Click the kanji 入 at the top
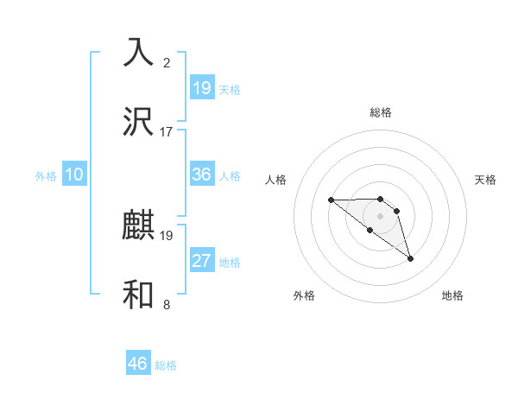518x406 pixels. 139,52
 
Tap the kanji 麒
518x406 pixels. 139,225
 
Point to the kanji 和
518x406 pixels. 139,295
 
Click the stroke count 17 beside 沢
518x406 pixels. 167,131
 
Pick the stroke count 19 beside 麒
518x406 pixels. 167,235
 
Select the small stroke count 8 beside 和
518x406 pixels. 167,304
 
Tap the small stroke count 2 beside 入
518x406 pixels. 167,62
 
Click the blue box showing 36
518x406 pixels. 202,174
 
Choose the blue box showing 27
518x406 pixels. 202,261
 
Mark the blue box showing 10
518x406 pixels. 74,174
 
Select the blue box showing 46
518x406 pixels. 138,364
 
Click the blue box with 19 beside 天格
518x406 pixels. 202,87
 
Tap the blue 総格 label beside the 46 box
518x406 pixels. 166,365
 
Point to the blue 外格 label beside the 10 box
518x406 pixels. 46,176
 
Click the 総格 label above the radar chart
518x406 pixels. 381,112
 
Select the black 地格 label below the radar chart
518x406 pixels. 452,295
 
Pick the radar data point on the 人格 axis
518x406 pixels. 331,200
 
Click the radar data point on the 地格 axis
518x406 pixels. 410,258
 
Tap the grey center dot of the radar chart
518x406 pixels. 381,215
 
